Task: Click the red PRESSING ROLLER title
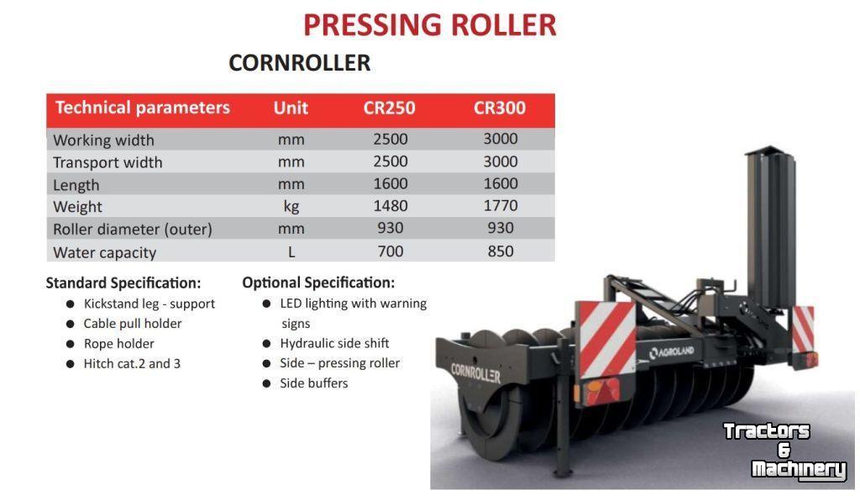click(x=430, y=25)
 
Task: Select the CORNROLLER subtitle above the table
click(x=300, y=62)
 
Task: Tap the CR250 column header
click(x=390, y=108)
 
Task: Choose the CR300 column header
click(x=500, y=108)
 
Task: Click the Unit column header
click(x=291, y=108)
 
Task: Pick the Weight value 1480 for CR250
click(x=391, y=206)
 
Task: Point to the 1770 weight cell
click(x=501, y=206)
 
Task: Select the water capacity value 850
click(x=501, y=251)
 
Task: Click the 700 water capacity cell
click(x=391, y=251)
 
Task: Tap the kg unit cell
click(x=291, y=207)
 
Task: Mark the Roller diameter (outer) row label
click(x=133, y=229)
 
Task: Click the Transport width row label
click(x=108, y=162)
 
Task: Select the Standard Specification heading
click(x=123, y=282)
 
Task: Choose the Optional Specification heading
click(x=318, y=282)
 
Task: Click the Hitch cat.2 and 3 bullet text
click(x=132, y=364)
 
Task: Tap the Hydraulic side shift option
click(x=334, y=343)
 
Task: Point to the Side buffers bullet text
click(x=314, y=383)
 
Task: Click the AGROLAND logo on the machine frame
click(x=672, y=352)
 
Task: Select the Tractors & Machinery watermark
click(x=784, y=451)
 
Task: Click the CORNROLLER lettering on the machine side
click(x=475, y=373)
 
